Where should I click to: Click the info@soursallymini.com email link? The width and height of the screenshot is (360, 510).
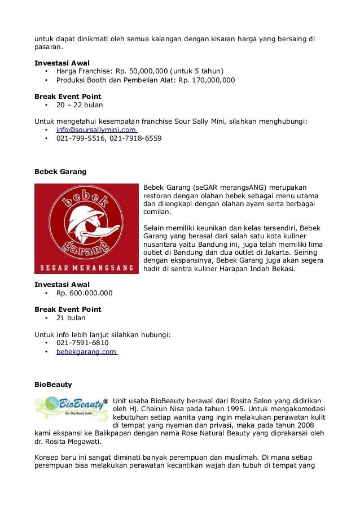tap(96, 129)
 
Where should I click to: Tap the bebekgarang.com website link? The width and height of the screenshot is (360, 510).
tap(86, 351)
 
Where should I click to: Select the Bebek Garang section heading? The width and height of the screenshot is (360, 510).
tap(60, 171)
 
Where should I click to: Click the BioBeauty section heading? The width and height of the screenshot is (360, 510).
tap(53, 384)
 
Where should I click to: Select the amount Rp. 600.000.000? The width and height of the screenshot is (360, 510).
tap(84, 293)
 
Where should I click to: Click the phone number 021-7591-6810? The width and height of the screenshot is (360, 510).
tap(82, 342)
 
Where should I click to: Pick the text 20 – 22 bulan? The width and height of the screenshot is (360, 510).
tap(80, 104)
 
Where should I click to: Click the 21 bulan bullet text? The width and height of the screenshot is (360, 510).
tap(71, 318)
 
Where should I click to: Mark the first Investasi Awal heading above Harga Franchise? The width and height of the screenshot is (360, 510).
tap(62, 63)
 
